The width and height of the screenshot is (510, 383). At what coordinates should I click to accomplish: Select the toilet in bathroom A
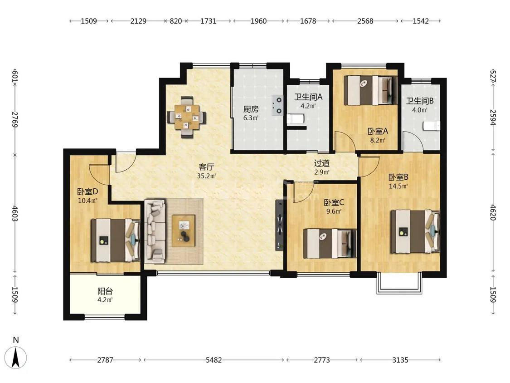[x=296, y=119]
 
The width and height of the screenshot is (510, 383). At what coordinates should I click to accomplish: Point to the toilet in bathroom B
[x=432, y=126]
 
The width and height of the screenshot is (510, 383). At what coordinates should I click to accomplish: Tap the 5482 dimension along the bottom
[x=214, y=360]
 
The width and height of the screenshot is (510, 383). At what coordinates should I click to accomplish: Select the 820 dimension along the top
[x=175, y=21]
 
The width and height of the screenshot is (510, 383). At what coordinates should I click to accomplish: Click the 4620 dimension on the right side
[x=493, y=212]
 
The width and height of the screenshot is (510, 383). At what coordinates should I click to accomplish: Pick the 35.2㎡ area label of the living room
[x=207, y=176]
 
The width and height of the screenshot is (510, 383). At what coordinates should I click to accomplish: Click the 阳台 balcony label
[x=105, y=291]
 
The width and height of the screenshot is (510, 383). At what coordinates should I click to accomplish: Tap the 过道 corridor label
[x=322, y=163]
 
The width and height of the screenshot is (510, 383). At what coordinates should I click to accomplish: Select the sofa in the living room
[x=155, y=231]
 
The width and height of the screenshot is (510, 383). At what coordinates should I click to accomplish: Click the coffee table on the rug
[x=184, y=231]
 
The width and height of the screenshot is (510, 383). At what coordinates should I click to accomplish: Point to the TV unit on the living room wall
[x=279, y=225]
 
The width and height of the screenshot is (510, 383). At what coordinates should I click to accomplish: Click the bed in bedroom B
[x=415, y=231]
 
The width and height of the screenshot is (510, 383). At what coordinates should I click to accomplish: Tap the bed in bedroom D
[x=116, y=241]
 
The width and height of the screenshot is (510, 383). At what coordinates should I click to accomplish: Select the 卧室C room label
[x=334, y=202]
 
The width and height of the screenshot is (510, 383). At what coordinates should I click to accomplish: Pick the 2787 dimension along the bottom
[x=105, y=360]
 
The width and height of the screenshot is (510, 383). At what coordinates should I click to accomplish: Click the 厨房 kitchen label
[x=251, y=109]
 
